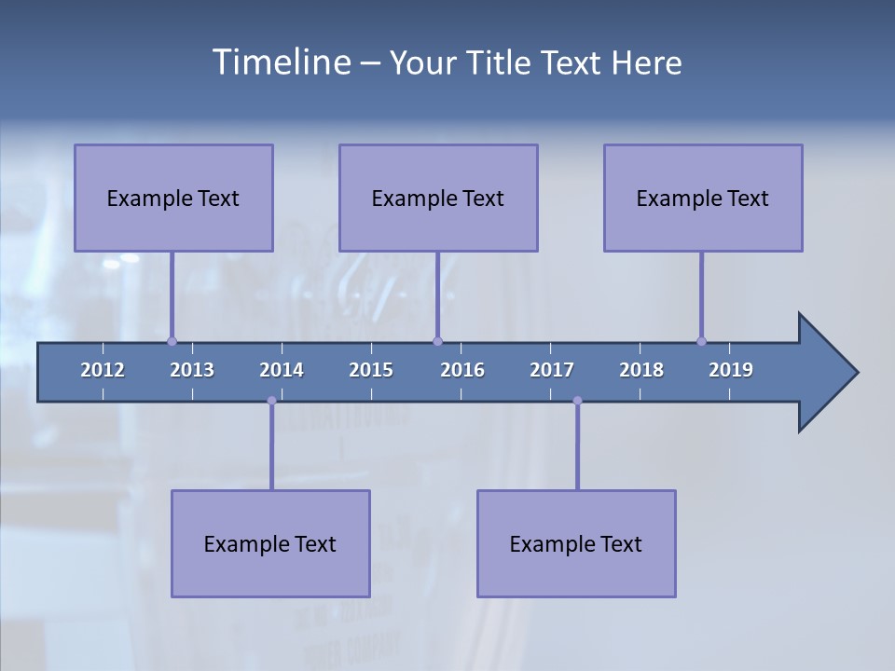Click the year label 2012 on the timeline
[103, 370]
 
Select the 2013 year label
[192, 370]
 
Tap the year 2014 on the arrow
[282, 370]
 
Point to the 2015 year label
[371, 370]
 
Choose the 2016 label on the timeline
[462, 370]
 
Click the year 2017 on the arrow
[552, 370]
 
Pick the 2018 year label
[641, 370]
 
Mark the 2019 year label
[731, 370]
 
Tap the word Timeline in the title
[279, 62]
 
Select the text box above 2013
[173, 198]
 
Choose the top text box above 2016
[438, 198]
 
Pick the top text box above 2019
[703, 198]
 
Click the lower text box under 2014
[270, 543]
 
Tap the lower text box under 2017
[576, 543]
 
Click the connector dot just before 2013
[172, 341]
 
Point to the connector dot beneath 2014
[271, 401]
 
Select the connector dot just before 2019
[701, 341]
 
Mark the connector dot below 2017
[577, 401]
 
